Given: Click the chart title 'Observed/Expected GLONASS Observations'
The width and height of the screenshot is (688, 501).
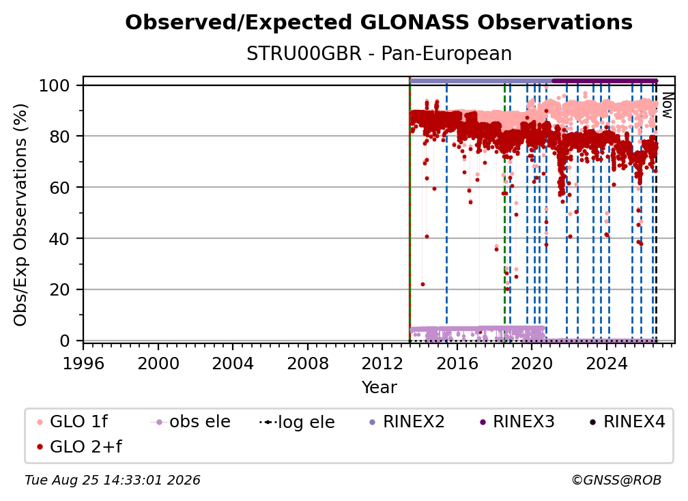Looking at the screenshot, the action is pyautogui.click(x=379, y=23).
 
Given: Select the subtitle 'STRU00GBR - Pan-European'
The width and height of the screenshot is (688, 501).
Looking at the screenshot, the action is pyautogui.click(x=379, y=54).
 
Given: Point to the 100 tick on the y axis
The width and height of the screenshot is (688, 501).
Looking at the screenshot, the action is pyautogui.click(x=55, y=85).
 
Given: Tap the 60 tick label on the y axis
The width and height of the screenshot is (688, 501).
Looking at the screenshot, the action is pyautogui.click(x=59, y=188).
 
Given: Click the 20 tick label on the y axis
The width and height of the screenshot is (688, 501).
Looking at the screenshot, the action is pyautogui.click(x=59, y=290).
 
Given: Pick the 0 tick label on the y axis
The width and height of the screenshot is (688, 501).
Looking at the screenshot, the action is pyautogui.click(x=65, y=341).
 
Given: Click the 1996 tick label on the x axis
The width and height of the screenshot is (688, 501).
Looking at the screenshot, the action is pyautogui.click(x=83, y=363).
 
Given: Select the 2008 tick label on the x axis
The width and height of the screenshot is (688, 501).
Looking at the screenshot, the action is pyautogui.click(x=308, y=363).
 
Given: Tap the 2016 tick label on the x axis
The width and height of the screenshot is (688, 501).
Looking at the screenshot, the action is pyautogui.click(x=457, y=363).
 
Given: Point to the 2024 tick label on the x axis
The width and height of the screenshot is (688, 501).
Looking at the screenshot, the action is pyautogui.click(x=607, y=363).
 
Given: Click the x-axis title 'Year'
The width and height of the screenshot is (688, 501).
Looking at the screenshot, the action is pyautogui.click(x=379, y=388).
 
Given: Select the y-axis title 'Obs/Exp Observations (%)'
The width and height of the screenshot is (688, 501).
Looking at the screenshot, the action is pyautogui.click(x=20, y=215).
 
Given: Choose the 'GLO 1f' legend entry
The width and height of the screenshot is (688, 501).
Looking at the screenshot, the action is pyautogui.click(x=72, y=422).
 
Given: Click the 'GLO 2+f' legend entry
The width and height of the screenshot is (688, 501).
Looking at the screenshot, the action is pyautogui.click(x=79, y=447).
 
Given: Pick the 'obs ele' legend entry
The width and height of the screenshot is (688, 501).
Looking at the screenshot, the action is pyautogui.click(x=190, y=422).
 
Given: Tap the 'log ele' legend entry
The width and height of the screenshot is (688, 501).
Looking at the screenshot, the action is pyautogui.click(x=297, y=422).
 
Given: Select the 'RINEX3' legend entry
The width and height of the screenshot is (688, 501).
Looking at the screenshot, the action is pyautogui.click(x=517, y=422).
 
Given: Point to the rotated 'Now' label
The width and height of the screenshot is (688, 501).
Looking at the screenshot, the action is pyautogui.click(x=667, y=105).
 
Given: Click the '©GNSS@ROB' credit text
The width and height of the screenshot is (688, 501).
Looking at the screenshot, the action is pyautogui.click(x=616, y=480).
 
